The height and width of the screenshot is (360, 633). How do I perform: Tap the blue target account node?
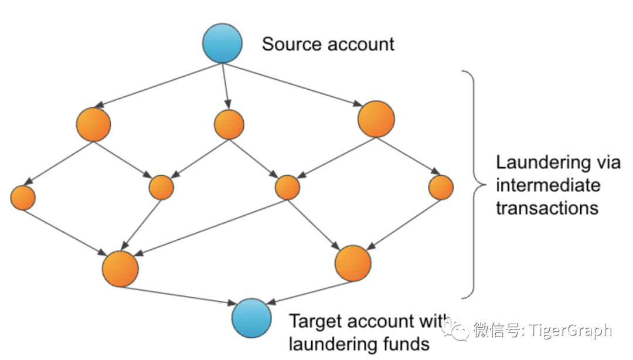[251, 318]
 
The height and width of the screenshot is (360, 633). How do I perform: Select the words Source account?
[328, 44]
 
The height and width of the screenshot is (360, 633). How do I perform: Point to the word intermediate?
[548, 185]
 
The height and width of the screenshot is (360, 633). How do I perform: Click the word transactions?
[547, 208]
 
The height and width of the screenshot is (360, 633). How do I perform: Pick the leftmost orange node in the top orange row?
[93, 124]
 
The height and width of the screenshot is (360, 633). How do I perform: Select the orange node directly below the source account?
[229, 124]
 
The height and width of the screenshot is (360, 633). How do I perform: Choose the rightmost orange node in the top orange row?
[375, 120]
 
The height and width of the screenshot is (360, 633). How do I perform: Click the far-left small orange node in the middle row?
[23, 197]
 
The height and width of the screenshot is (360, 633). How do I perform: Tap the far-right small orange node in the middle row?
[441, 188]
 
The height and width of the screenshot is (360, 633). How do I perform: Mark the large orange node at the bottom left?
[120, 268]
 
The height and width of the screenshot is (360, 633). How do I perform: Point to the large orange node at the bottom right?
[353, 262]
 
